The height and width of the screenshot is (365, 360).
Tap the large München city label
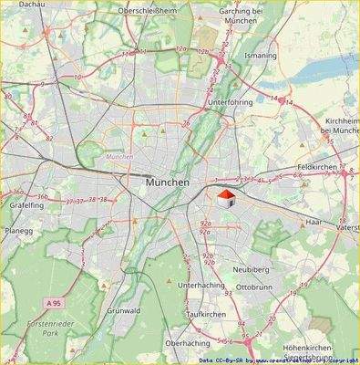click(168, 183)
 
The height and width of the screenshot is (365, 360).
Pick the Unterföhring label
click(228, 103)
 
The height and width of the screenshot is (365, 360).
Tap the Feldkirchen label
click(318, 169)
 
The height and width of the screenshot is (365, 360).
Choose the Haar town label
click(314, 222)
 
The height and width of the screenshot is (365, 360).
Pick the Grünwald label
click(123, 311)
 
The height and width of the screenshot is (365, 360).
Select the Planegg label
click(16, 232)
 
